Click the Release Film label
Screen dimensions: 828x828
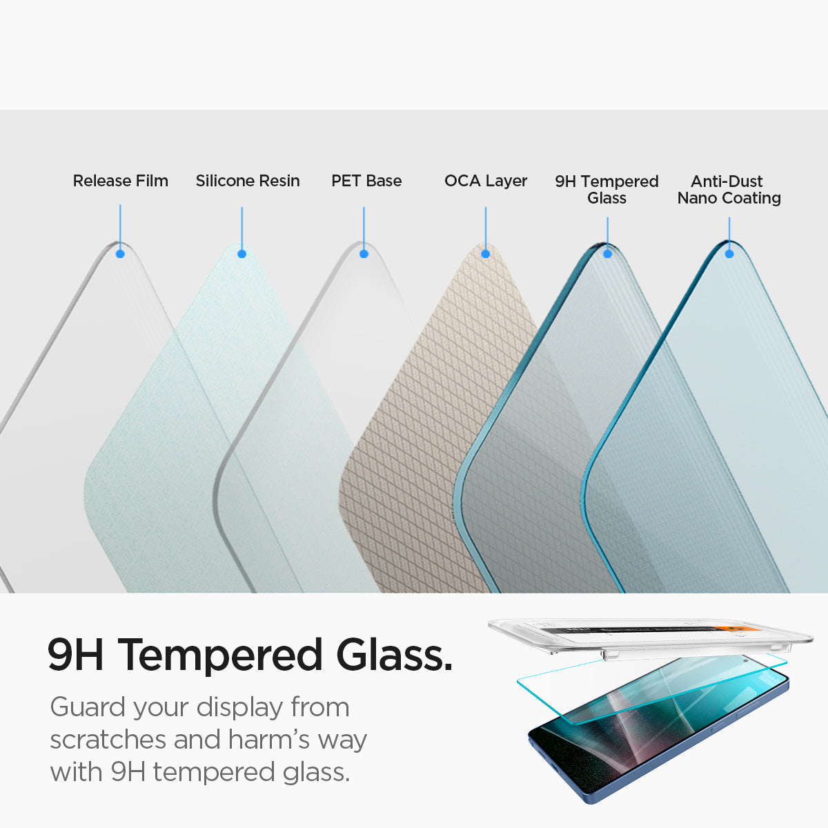point(121,181)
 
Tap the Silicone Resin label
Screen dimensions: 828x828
point(248,181)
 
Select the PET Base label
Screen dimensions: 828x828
point(366,181)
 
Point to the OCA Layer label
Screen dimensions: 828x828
point(486,181)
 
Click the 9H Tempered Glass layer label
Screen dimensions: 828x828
point(607,190)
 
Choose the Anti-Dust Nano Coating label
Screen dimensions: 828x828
point(729,190)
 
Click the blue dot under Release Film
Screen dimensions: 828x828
point(120,254)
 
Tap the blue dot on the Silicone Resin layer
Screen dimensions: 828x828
point(241,254)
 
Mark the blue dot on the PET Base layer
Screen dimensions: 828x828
point(364,254)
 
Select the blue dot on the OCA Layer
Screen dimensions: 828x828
point(485,254)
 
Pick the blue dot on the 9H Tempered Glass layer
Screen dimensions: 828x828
point(607,254)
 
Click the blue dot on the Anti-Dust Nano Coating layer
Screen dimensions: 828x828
point(729,254)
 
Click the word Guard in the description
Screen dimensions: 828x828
point(88,707)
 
